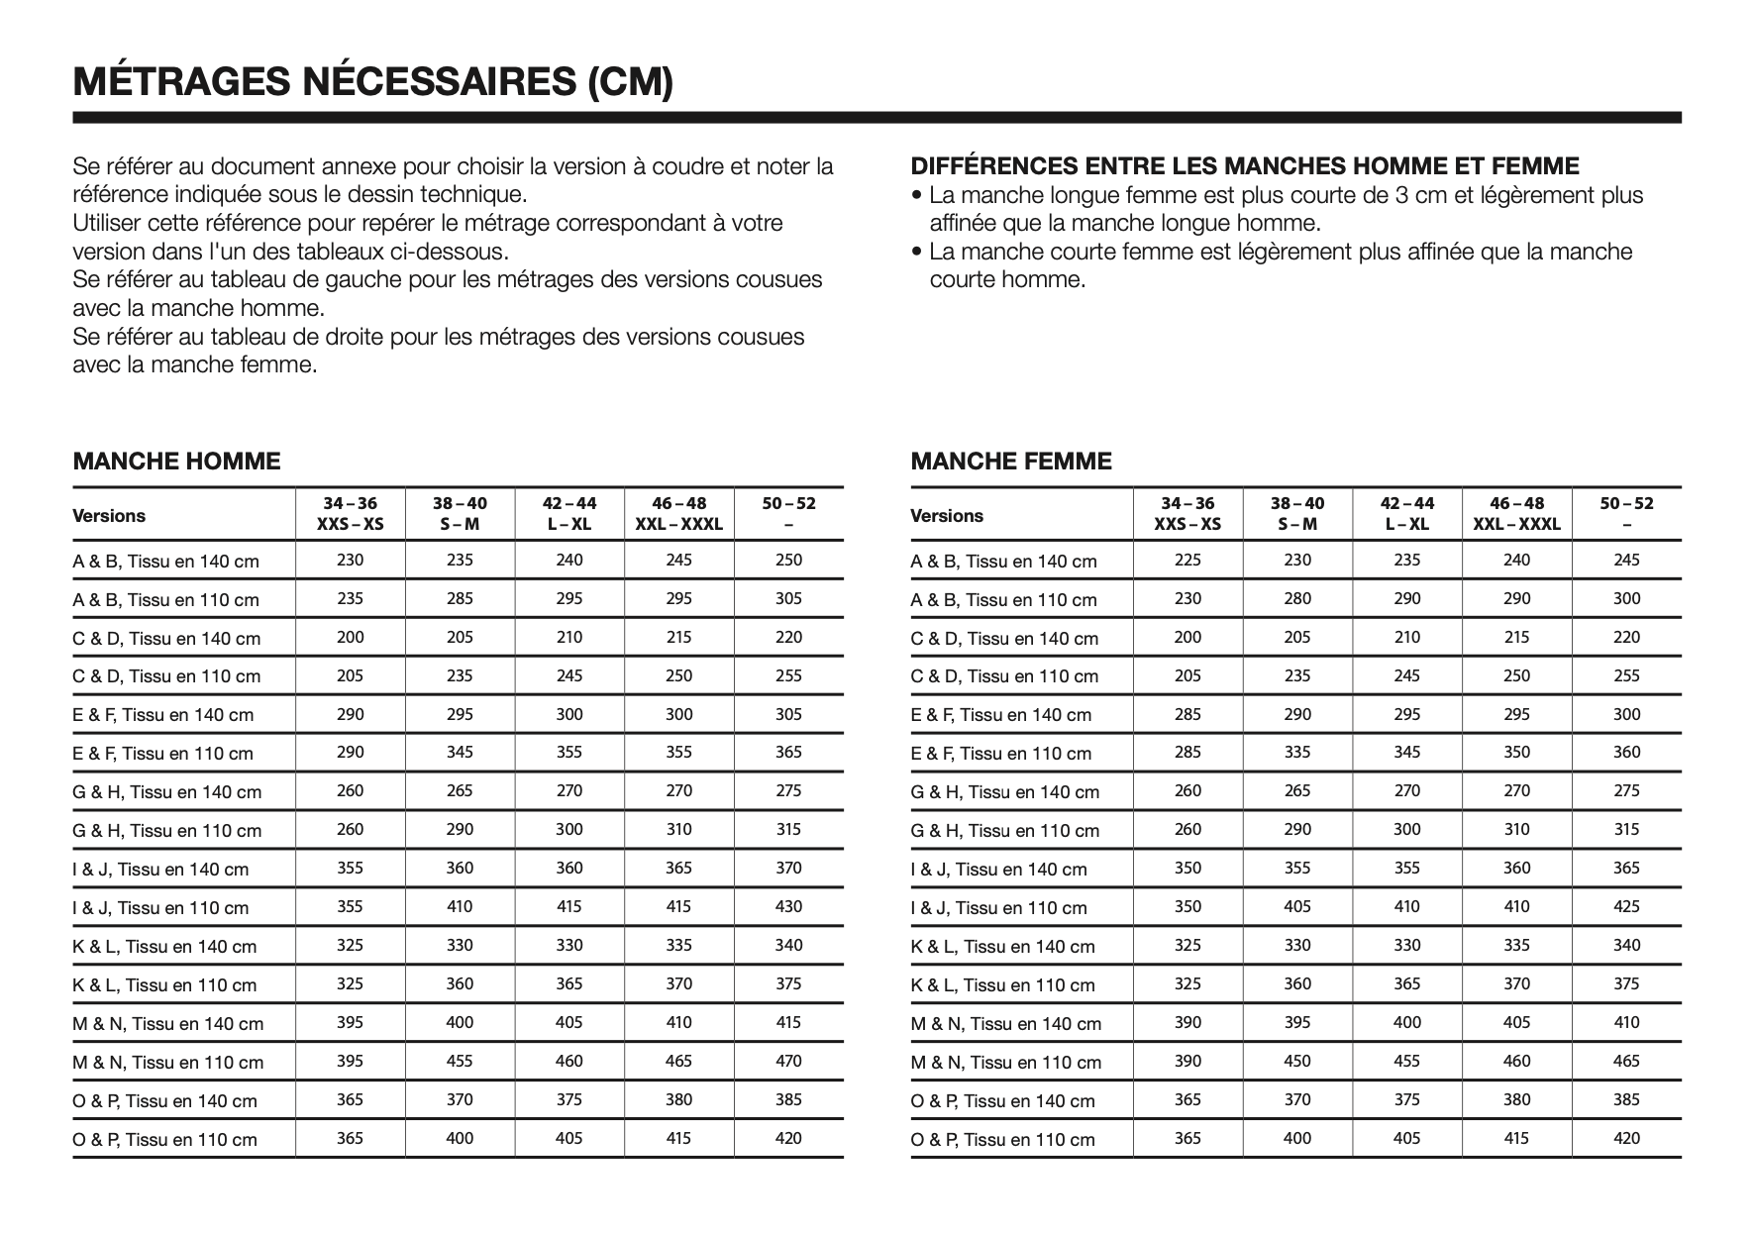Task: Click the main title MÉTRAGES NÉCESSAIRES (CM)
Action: click(x=372, y=81)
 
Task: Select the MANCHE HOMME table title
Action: click(x=176, y=462)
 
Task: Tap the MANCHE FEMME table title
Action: click(x=1011, y=462)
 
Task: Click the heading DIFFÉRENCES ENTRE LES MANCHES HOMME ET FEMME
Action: click(x=1245, y=166)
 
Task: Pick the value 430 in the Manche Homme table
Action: click(x=788, y=906)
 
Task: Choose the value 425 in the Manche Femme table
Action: click(x=1626, y=906)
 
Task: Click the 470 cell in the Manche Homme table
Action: click(x=788, y=1061)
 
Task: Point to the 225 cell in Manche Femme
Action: click(x=1187, y=560)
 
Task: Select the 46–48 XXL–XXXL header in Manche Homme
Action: click(x=678, y=514)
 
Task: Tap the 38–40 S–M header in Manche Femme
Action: click(x=1297, y=514)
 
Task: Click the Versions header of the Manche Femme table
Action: click(x=947, y=516)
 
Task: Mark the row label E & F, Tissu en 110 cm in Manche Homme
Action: click(x=162, y=754)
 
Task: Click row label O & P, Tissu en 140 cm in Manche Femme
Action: click(x=1002, y=1100)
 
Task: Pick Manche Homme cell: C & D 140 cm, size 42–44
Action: click(x=569, y=637)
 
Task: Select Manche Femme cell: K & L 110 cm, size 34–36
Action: click(x=1187, y=983)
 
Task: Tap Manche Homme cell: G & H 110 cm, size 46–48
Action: click(x=678, y=829)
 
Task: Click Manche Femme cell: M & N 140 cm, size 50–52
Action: click(x=1626, y=1022)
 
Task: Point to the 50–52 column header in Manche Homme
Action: click(x=788, y=514)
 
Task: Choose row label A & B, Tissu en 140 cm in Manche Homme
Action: click(x=165, y=562)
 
